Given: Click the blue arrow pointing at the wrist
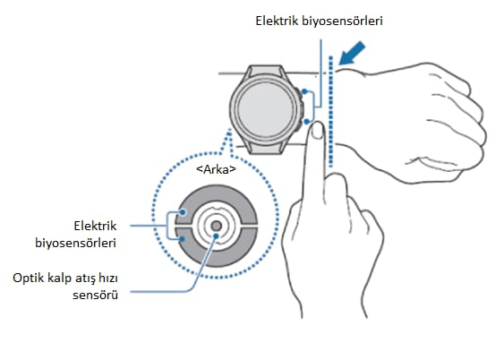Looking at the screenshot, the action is [352, 54].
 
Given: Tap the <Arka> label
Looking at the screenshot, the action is [216, 169].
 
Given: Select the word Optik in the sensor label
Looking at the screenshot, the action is [28, 278].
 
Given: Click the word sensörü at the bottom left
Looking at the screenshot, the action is [95, 295].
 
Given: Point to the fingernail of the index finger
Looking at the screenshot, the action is [318, 130].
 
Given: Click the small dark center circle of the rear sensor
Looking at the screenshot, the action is [217, 226].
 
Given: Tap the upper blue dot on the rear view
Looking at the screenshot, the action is [183, 212].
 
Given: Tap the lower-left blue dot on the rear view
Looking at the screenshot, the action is [183, 239].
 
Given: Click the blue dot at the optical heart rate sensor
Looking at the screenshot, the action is [216, 236].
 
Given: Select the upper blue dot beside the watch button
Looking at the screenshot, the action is [304, 92].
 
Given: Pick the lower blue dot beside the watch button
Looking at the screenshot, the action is [307, 122].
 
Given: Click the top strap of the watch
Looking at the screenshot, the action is [266, 71].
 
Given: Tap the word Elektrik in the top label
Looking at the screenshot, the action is [277, 21].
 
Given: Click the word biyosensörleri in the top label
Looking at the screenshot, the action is [342, 21].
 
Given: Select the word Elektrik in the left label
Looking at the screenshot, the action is [95, 226].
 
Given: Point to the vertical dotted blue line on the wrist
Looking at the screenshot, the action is [330, 111].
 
